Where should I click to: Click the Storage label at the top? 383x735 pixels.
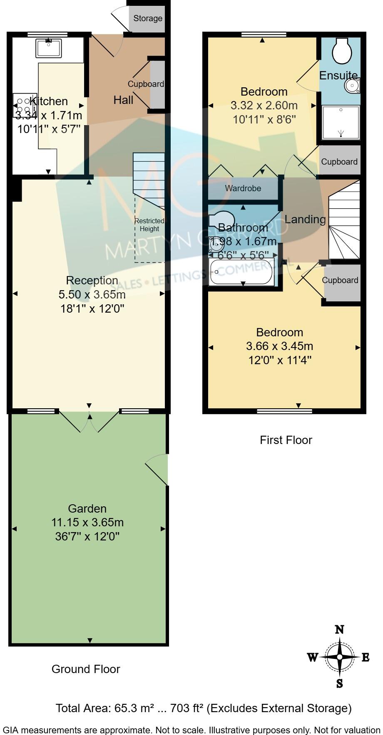pos(148,18)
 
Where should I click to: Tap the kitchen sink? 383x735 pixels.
pos(49,48)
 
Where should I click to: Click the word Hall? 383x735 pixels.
pos(124,100)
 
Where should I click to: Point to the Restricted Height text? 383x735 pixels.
pos(149,225)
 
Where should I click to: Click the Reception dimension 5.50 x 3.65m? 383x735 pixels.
pos(92,294)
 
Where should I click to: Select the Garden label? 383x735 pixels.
pos(87,508)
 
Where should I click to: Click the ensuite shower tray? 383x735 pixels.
pos(341,122)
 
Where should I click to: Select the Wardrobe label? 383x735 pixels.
pos(243,188)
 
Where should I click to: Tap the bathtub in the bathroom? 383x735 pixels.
pos(241,272)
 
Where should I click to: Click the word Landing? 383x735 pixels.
pos(305,219)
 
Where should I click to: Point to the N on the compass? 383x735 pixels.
pos(340,629)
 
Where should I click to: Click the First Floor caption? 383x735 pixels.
pos(286,440)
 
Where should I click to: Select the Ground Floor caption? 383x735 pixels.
pos(86,669)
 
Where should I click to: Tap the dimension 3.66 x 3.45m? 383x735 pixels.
pos(280,346)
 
